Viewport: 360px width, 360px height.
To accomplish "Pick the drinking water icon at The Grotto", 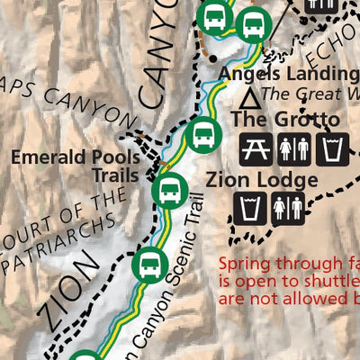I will pyautogui.click(x=335, y=148).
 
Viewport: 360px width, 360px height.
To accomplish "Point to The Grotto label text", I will pyautogui.click(x=285, y=120).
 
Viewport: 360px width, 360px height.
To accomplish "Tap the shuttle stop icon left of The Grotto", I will pyautogui.click(x=202, y=137).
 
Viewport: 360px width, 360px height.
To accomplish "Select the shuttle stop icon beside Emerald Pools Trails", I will pyautogui.click(x=168, y=190).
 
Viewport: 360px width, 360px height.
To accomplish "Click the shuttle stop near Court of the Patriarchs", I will pyautogui.click(x=148, y=265).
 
